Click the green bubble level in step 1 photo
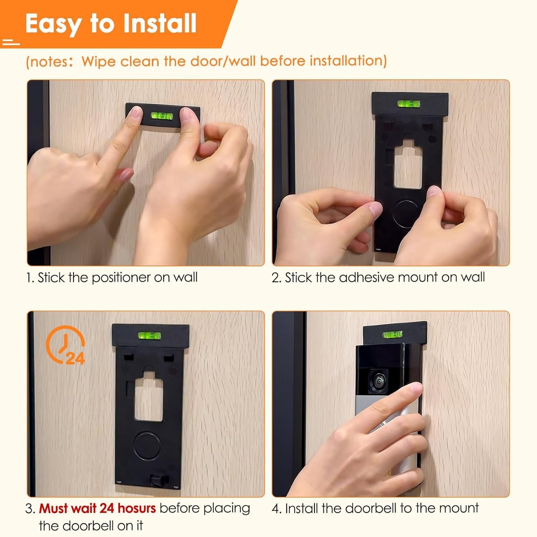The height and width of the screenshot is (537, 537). tap(162, 116)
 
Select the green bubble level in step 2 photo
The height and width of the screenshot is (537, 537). tap(408, 104)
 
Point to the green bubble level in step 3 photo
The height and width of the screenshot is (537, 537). tap(149, 336)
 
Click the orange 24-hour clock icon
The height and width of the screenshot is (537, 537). tap(66, 344)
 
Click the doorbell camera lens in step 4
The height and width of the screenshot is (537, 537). tap(378, 381)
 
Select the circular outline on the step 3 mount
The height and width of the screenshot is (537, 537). tap(146, 446)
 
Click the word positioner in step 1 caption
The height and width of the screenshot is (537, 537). tap(121, 277)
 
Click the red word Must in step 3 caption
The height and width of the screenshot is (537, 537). tap(53, 508)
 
